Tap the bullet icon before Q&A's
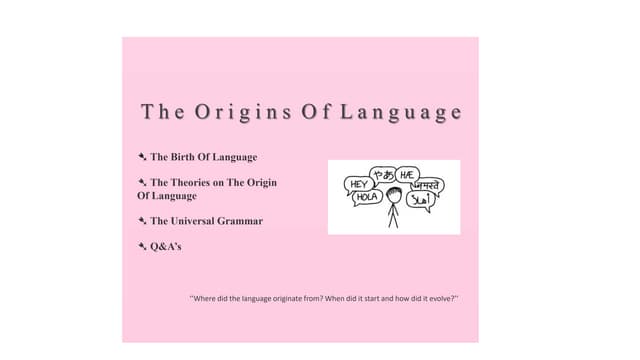142,245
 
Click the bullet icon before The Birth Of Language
142,157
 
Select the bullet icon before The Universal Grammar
142,221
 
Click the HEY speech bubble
357,184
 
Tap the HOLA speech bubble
366,198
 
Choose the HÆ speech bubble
407,174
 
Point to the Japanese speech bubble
381,174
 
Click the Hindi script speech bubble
429,185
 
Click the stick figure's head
394,198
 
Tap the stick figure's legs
394,221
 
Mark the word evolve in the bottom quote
441,299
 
